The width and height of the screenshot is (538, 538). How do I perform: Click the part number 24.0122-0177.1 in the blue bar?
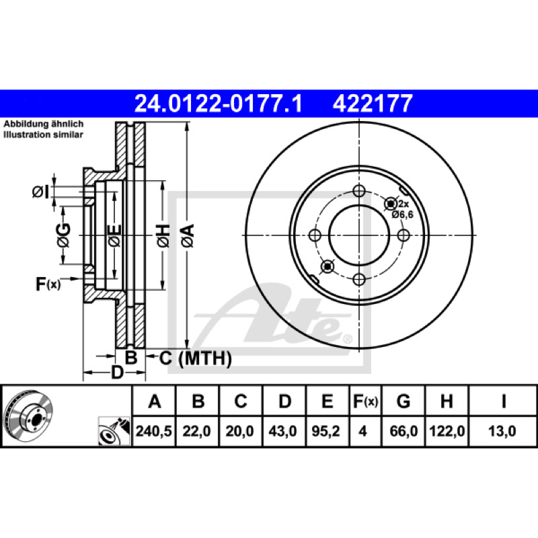pyautogui.click(x=218, y=104)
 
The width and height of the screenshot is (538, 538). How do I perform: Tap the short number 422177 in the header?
pyautogui.click(x=373, y=104)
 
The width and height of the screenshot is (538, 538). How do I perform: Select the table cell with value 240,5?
pyautogui.click(x=154, y=431)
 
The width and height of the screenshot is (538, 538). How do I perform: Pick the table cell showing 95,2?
pyautogui.click(x=325, y=431)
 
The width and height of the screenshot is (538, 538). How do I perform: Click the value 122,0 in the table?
pyautogui.click(x=447, y=431)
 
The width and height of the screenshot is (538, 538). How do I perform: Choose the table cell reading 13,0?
pyautogui.click(x=502, y=431)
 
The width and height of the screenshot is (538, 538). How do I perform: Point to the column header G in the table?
pyautogui.click(x=403, y=401)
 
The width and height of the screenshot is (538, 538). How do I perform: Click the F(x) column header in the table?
pyautogui.click(x=365, y=401)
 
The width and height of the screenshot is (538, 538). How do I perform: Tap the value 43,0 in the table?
pyautogui.click(x=282, y=431)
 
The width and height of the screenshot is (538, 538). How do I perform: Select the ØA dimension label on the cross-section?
pyautogui.click(x=188, y=236)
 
